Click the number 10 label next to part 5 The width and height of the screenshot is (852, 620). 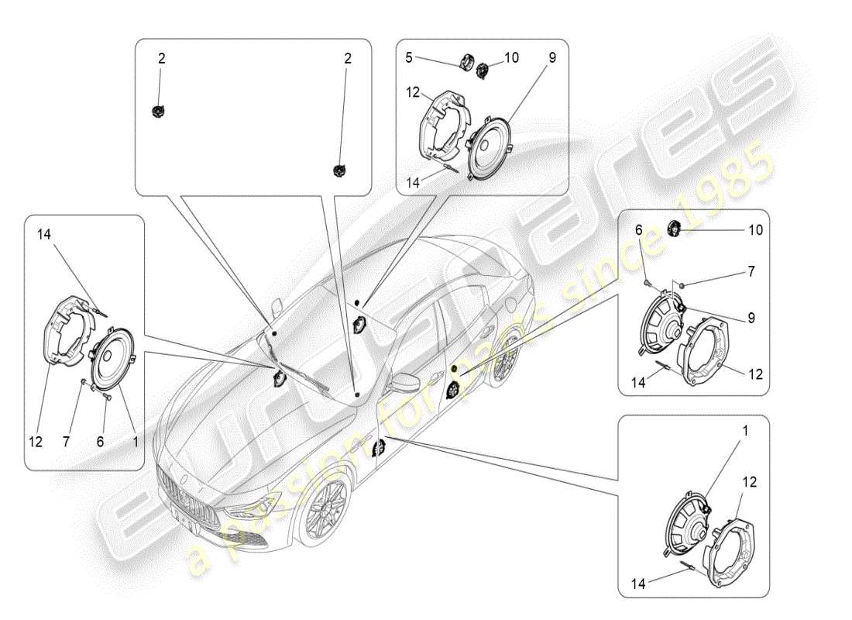click(511, 57)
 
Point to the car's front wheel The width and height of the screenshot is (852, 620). click(323, 512)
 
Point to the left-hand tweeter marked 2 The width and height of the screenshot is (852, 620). click(158, 111)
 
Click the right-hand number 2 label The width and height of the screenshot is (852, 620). click(347, 57)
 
